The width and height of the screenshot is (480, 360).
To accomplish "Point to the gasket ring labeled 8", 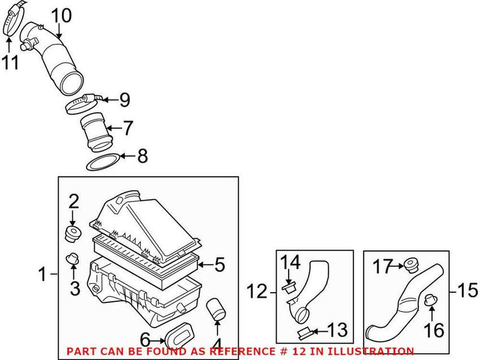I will tap(99, 162).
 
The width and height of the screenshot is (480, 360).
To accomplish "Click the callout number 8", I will tap(142, 157).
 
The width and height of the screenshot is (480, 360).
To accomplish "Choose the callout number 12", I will tap(257, 293).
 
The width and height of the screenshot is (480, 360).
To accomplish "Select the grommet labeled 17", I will tap(410, 264).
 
